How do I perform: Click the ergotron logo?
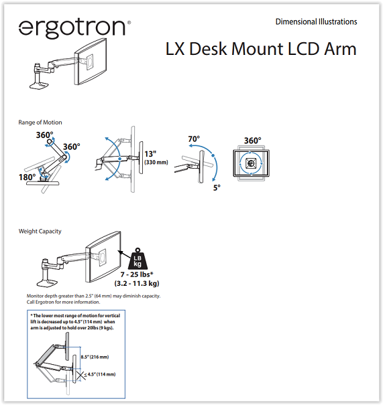click(x=74, y=28)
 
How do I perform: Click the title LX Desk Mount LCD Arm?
click(x=261, y=49)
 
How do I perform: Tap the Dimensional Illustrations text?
click(x=316, y=21)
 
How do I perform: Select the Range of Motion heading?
click(x=40, y=123)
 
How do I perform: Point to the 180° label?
click(x=28, y=177)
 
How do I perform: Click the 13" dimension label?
click(x=150, y=154)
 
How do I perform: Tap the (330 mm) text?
click(x=156, y=162)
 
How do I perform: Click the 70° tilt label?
click(x=194, y=139)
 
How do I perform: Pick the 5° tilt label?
click(x=217, y=188)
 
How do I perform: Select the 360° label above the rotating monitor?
click(x=253, y=141)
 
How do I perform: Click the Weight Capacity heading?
click(x=40, y=232)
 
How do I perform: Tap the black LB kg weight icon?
click(x=138, y=259)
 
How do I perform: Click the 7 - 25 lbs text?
click(x=137, y=274)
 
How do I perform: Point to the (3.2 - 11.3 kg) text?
click(x=137, y=283)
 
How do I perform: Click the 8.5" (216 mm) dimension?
click(x=95, y=357)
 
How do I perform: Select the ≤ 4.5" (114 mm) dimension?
click(x=100, y=374)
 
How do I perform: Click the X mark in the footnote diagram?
click(x=81, y=375)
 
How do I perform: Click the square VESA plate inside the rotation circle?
click(x=250, y=163)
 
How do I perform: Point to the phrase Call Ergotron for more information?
click(x=63, y=302)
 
